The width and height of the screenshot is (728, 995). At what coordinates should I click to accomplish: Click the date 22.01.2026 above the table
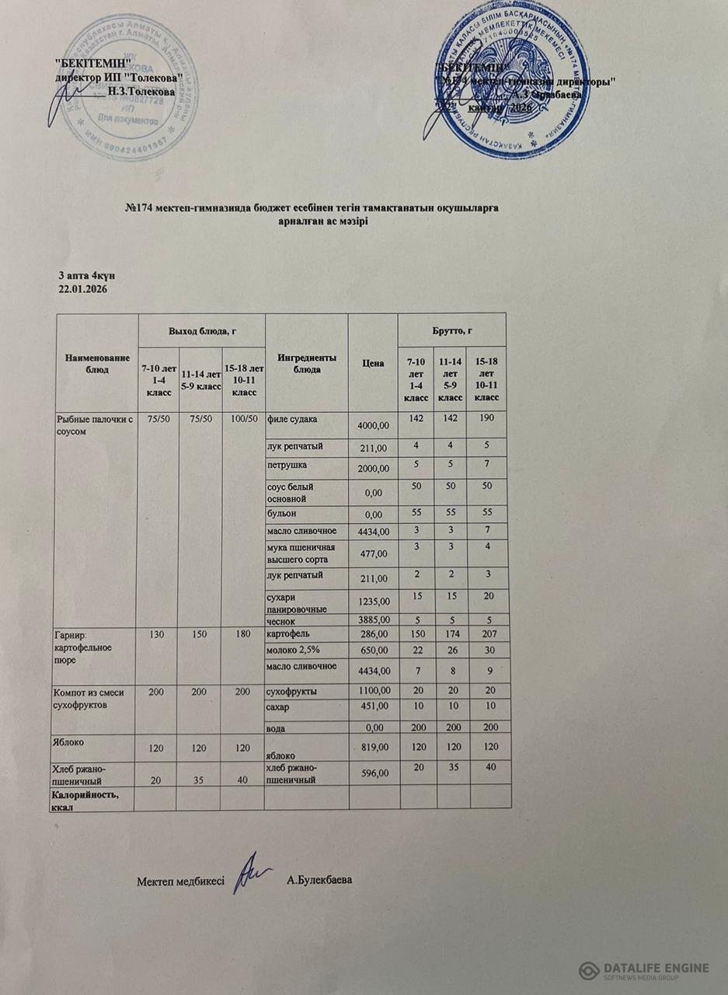(82, 289)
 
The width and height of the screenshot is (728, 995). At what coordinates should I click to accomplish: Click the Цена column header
(372, 363)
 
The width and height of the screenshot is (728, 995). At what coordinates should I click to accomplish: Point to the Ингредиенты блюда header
(305, 363)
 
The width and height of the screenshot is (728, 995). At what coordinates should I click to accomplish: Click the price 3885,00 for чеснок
(371, 620)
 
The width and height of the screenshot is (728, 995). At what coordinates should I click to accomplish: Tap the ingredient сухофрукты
(292, 690)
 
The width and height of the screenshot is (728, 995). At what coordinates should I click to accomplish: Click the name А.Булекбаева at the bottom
(319, 881)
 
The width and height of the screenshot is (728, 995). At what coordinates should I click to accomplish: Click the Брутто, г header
(451, 330)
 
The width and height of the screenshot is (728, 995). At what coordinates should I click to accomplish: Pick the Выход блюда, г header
(201, 330)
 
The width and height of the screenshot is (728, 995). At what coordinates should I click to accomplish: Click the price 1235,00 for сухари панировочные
(371, 602)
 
